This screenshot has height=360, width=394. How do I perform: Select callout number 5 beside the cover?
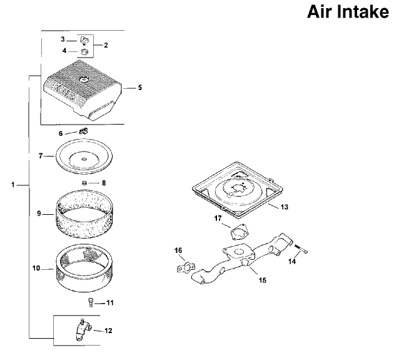click(140, 88)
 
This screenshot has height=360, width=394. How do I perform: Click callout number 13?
click(284, 207)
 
